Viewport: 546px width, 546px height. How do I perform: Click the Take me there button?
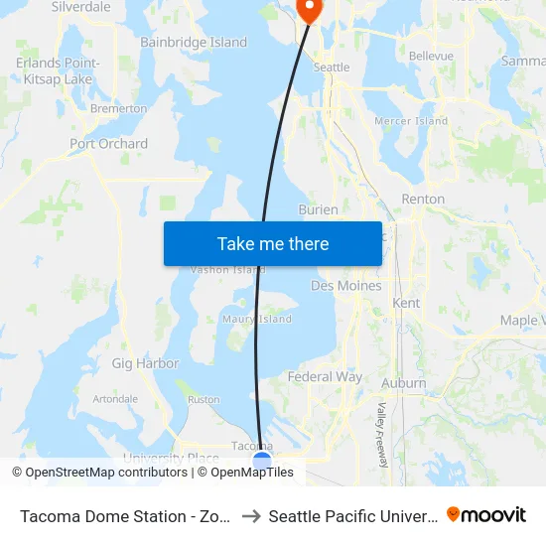[x=273, y=243]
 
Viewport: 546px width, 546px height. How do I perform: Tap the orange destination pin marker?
[x=310, y=9]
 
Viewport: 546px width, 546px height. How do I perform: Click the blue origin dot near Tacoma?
[x=262, y=460]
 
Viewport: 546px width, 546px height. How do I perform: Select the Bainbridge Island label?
[x=194, y=43]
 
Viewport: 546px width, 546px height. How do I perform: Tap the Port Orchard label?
[x=109, y=144]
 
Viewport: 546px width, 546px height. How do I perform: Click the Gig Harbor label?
[x=145, y=364]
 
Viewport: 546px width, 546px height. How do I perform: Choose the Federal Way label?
[x=325, y=377]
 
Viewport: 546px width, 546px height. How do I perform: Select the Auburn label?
[x=404, y=383]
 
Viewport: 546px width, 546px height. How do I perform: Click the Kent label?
[x=406, y=303]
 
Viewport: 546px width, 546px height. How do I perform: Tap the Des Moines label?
[x=345, y=286]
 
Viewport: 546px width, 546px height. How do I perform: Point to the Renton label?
[x=423, y=200]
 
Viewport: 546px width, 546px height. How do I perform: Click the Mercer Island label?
[x=411, y=121]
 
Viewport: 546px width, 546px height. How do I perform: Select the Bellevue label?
[x=431, y=57]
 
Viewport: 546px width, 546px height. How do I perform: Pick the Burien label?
[x=319, y=210]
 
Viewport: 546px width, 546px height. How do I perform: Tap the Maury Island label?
[x=256, y=320]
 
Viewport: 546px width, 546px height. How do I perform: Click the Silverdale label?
[x=81, y=7]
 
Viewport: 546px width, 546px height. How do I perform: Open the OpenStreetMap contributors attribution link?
[x=104, y=473]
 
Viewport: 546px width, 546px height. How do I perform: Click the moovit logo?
[x=486, y=514]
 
